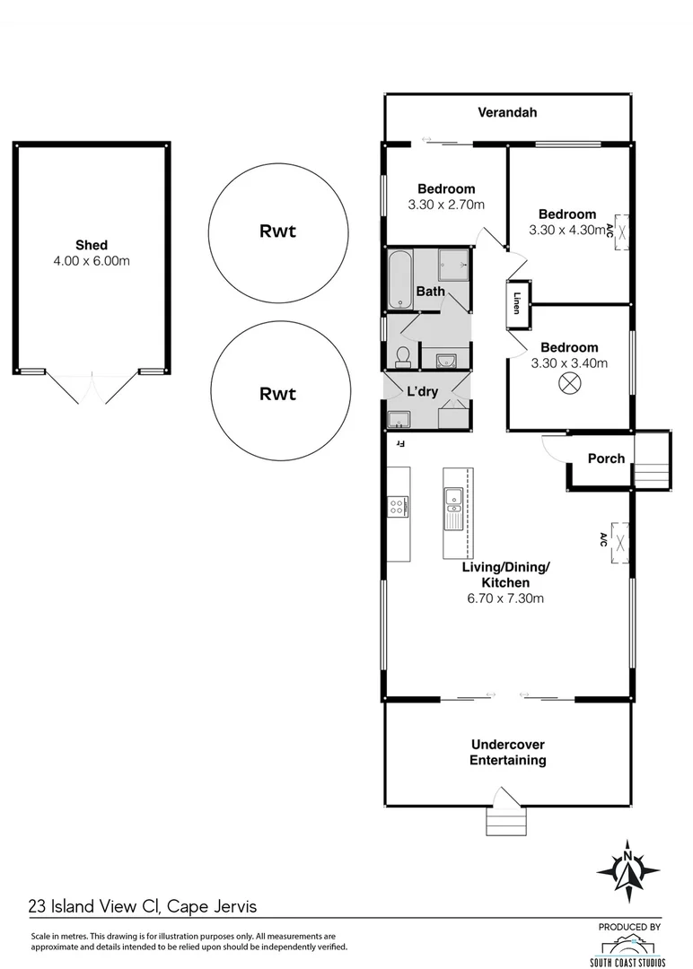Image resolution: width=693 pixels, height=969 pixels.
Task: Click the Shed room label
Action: pos(92,245)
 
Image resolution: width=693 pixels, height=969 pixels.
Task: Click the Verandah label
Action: pos(507,112)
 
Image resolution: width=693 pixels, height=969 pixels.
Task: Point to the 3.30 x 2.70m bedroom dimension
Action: pos(446,205)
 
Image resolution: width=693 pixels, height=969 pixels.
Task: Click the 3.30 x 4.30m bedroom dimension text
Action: pos(566,230)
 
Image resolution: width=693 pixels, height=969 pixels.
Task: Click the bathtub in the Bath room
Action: pos(400,279)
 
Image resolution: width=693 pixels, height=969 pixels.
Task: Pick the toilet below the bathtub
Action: pos(402,357)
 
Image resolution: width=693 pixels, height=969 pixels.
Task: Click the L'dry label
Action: pos(422,392)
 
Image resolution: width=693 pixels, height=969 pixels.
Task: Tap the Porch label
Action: pos(606,458)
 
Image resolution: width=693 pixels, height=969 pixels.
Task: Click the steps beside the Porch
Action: pos(653,459)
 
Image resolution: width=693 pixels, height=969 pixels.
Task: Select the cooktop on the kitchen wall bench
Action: pos(398,506)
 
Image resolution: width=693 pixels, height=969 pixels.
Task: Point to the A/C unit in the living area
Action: pos(618,540)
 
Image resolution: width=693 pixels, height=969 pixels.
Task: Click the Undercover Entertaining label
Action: pos(508,752)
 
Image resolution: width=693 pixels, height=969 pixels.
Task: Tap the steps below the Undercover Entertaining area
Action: pos(505,820)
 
